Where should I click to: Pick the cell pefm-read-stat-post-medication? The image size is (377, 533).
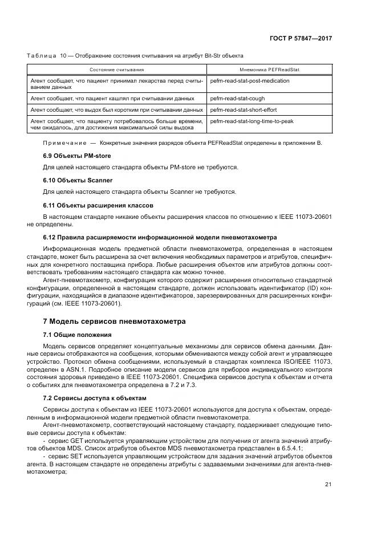249,81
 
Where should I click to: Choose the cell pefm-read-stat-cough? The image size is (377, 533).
234,98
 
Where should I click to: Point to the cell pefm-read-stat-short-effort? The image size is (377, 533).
242,109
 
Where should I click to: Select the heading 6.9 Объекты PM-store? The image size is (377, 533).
77,156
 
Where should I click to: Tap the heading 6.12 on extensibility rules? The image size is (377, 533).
160,237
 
